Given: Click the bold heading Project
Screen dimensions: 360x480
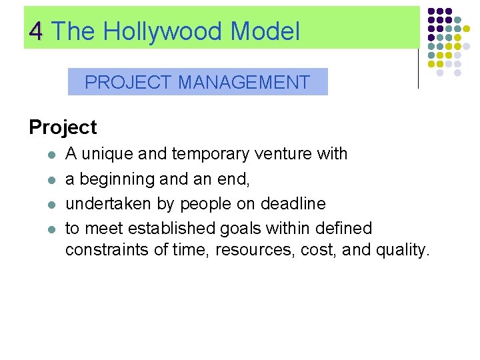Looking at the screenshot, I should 63,127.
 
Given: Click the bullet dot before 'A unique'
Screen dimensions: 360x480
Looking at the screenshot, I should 50,155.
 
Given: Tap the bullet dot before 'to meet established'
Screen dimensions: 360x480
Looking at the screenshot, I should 50,229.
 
